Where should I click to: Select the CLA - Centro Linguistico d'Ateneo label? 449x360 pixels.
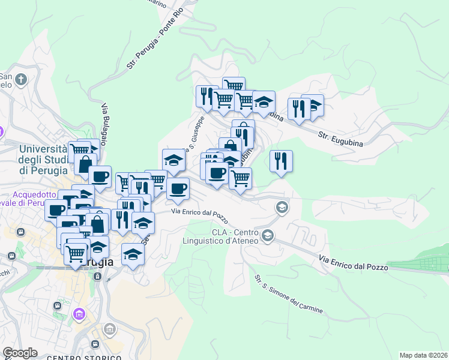(x=234, y=236)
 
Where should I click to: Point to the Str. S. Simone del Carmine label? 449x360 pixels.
(x=288, y=295)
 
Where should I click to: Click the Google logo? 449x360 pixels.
(x=20, y=352)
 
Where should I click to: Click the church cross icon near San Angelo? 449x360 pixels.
(x=21, y=80)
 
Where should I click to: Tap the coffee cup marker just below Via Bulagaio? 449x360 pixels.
(x=100, y=176)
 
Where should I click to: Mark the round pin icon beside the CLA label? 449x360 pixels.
(x=268, y=235)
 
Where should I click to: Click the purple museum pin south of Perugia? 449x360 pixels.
(x=79, y=314)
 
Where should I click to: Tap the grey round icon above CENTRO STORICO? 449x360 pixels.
(x=109, y=329)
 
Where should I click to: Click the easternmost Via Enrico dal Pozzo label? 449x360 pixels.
(x=354, y=263)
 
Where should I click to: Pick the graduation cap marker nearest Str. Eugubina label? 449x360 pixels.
(x=313, y=106)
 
